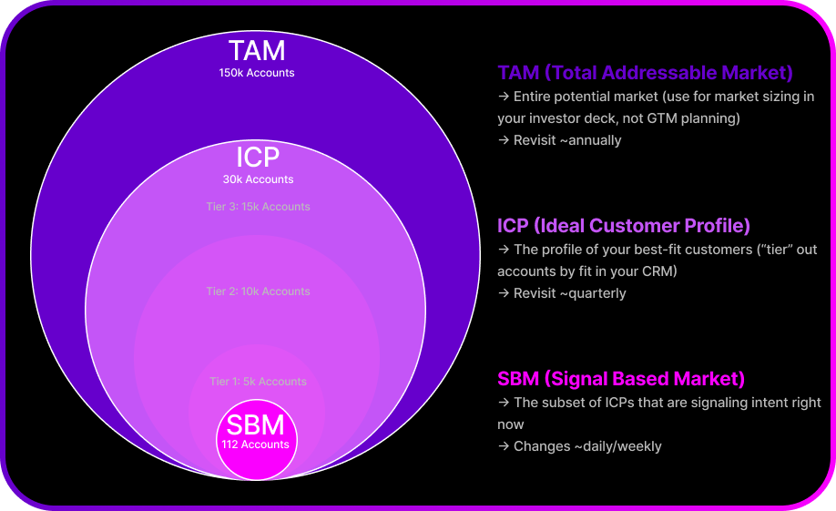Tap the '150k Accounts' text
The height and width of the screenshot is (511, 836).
coord(257,73)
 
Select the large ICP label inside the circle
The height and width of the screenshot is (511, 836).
coord(258,157)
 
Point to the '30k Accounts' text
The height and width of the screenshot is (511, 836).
coord(259,179)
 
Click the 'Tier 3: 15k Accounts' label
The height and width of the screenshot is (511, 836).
coord(259,207)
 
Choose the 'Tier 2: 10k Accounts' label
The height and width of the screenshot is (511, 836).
coord(259,291)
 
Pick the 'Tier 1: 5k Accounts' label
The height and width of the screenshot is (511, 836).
coord(259,382)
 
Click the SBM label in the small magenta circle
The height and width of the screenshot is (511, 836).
coord(255,425)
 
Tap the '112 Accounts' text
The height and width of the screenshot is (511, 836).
coord(255,445)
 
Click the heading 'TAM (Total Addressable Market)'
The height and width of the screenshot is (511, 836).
coord(645,73)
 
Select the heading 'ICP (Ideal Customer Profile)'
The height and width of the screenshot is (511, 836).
coord(624,226)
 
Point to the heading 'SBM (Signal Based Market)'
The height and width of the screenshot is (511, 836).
coord(621,379)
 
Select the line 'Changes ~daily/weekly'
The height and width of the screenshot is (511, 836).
coord(579,446)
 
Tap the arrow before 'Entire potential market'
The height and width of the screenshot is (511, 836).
coord(503,97)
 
